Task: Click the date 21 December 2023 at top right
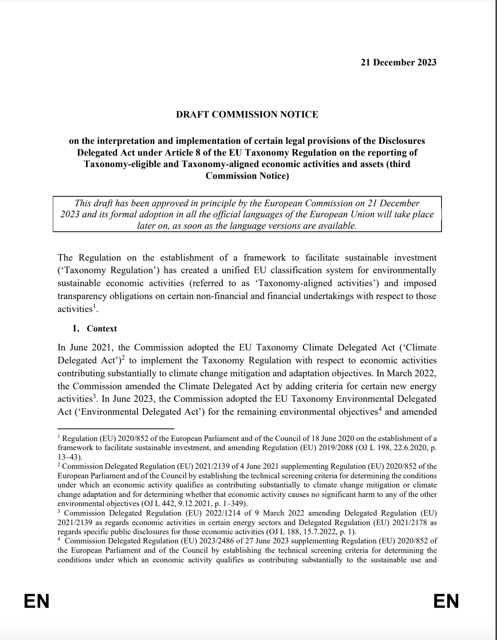[398, 62]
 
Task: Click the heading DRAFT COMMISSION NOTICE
[247, 115]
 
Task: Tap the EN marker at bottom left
[36, 601]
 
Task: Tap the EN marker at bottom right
[446, 601]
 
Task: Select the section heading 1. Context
[95, 329]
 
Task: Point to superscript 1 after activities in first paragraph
[94, 306]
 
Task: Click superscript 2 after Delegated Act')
[123, 357]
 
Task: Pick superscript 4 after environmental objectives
[380, 409]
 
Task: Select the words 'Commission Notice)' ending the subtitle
[247, 176]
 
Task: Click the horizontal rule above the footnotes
[116, 429]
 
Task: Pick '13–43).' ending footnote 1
[70, 457]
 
